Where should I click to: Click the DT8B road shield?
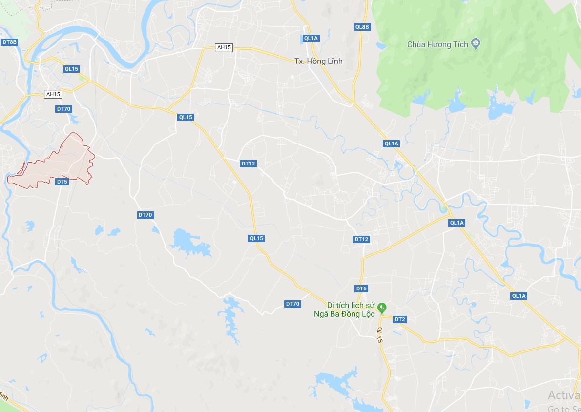10,42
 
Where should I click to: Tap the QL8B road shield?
362,27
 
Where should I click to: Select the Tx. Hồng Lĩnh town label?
318,61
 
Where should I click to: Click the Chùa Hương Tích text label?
437,44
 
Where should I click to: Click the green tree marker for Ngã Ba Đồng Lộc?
383,307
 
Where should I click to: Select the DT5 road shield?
62,182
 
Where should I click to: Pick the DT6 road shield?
361,288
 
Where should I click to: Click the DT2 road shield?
400,319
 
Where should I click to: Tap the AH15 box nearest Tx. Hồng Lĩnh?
224,47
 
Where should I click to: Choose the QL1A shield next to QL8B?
311,38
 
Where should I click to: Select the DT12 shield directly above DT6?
362,239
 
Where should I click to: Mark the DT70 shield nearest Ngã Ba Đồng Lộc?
292,304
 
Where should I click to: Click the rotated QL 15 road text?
380,334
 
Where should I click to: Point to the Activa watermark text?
563,395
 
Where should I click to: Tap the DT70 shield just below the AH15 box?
63,109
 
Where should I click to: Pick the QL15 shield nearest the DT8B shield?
71,69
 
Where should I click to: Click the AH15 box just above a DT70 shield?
52,94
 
